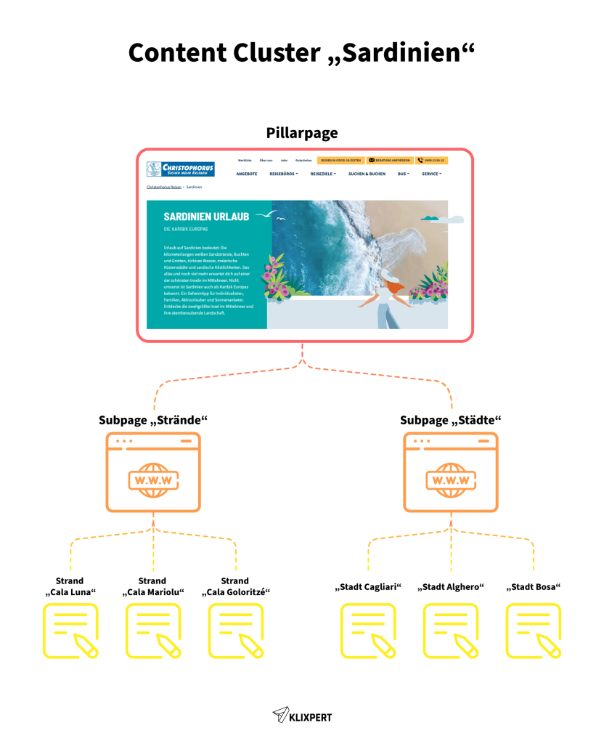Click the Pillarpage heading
coord(301,133)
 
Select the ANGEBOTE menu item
coord(247,174)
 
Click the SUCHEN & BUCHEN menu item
coord(367,174)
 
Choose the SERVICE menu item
coord(430,174)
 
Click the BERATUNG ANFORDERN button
coord(390,160)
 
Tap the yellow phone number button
coord(431,160)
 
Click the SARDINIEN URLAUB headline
coord(206,217)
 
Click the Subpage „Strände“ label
coord(153,421)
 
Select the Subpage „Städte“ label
coord(451,421)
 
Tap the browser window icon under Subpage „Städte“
coord(451,472)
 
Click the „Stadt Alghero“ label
coord(450,587)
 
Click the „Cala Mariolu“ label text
coord(152,592)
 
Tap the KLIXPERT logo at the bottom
coord(302,716)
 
